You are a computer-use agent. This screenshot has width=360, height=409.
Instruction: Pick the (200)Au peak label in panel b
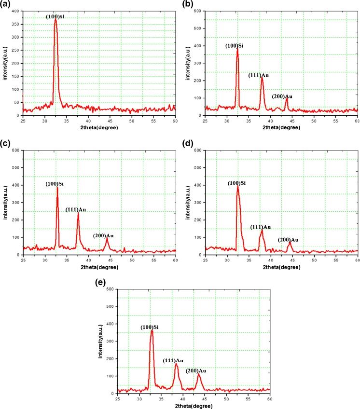(282, 96)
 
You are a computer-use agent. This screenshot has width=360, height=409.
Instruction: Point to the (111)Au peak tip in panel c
(78, 213)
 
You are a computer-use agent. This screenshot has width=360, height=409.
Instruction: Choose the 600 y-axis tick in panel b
(199, 11)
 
